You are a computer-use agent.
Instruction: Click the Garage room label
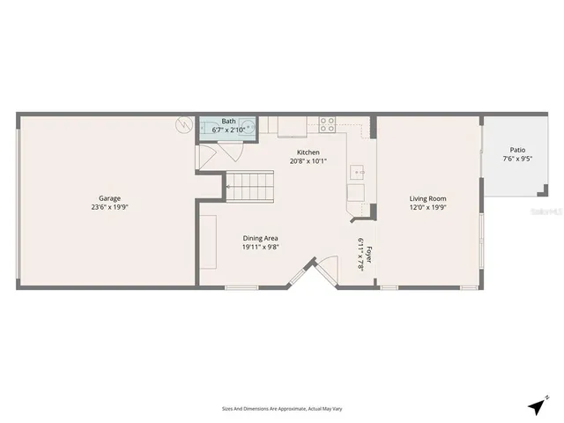pyautogui.click(x=109, y=198)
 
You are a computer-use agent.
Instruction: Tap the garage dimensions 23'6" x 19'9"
pyautogui.click(x=109, y=207)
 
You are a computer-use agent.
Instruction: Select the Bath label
pyautogui.click(x=228, y=121)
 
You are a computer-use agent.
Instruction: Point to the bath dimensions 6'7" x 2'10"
pyautogui.click(x=228, y=130)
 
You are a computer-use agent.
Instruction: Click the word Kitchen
pyautogui.click(x=308, y=152)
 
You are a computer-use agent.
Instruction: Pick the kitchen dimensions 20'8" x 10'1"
pyautogui.click(x=308, y=160)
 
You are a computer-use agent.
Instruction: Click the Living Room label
pyautogui.click(x=427, y=198)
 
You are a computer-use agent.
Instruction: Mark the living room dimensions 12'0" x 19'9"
pyautogui.click(x=427, y=208)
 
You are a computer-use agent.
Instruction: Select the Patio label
pyautogui.click(x=516, y=151)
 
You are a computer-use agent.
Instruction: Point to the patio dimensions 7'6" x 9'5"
pyautogui.click(x=516, y=160)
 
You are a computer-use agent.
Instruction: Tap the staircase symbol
pyautogui.click(x=250, y=187)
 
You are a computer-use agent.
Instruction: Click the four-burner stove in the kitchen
pyautogui.click(x=327, y=123)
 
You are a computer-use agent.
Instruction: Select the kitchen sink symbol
pyautogui.click(x=359, y=171)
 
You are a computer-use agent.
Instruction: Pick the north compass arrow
pyautogui.click(x=536, y=406)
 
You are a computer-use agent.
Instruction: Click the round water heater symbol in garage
pyautogui.click(x=184, y=124)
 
